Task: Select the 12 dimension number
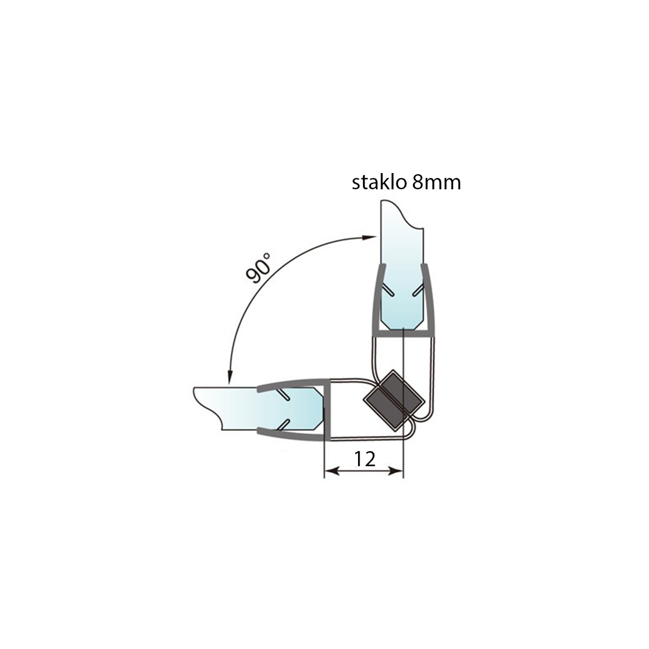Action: [365, 459]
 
